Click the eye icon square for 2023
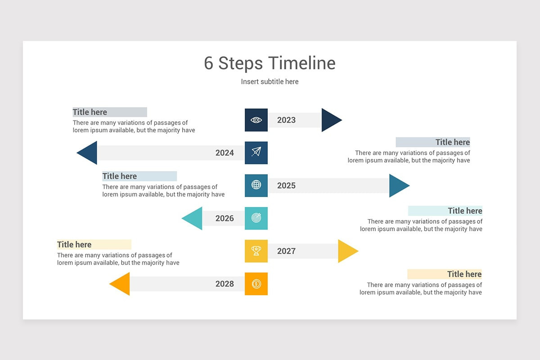tap(256, 120)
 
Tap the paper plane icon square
tap(256, 153)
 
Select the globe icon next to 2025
tap(256, 185)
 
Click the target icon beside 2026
tap(256, 218)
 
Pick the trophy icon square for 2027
tap(256, 251)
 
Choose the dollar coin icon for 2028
tap(256, 284)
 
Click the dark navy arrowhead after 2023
tap(330, 120)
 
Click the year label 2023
tap(286, 120)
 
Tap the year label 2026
tap(225, 218)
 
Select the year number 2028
tap(225, 284)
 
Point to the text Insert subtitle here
tap(270, 81)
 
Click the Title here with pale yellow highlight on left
tap(74, 244)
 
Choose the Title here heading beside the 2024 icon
tap(452, 142)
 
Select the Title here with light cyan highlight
tap(465, 211)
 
